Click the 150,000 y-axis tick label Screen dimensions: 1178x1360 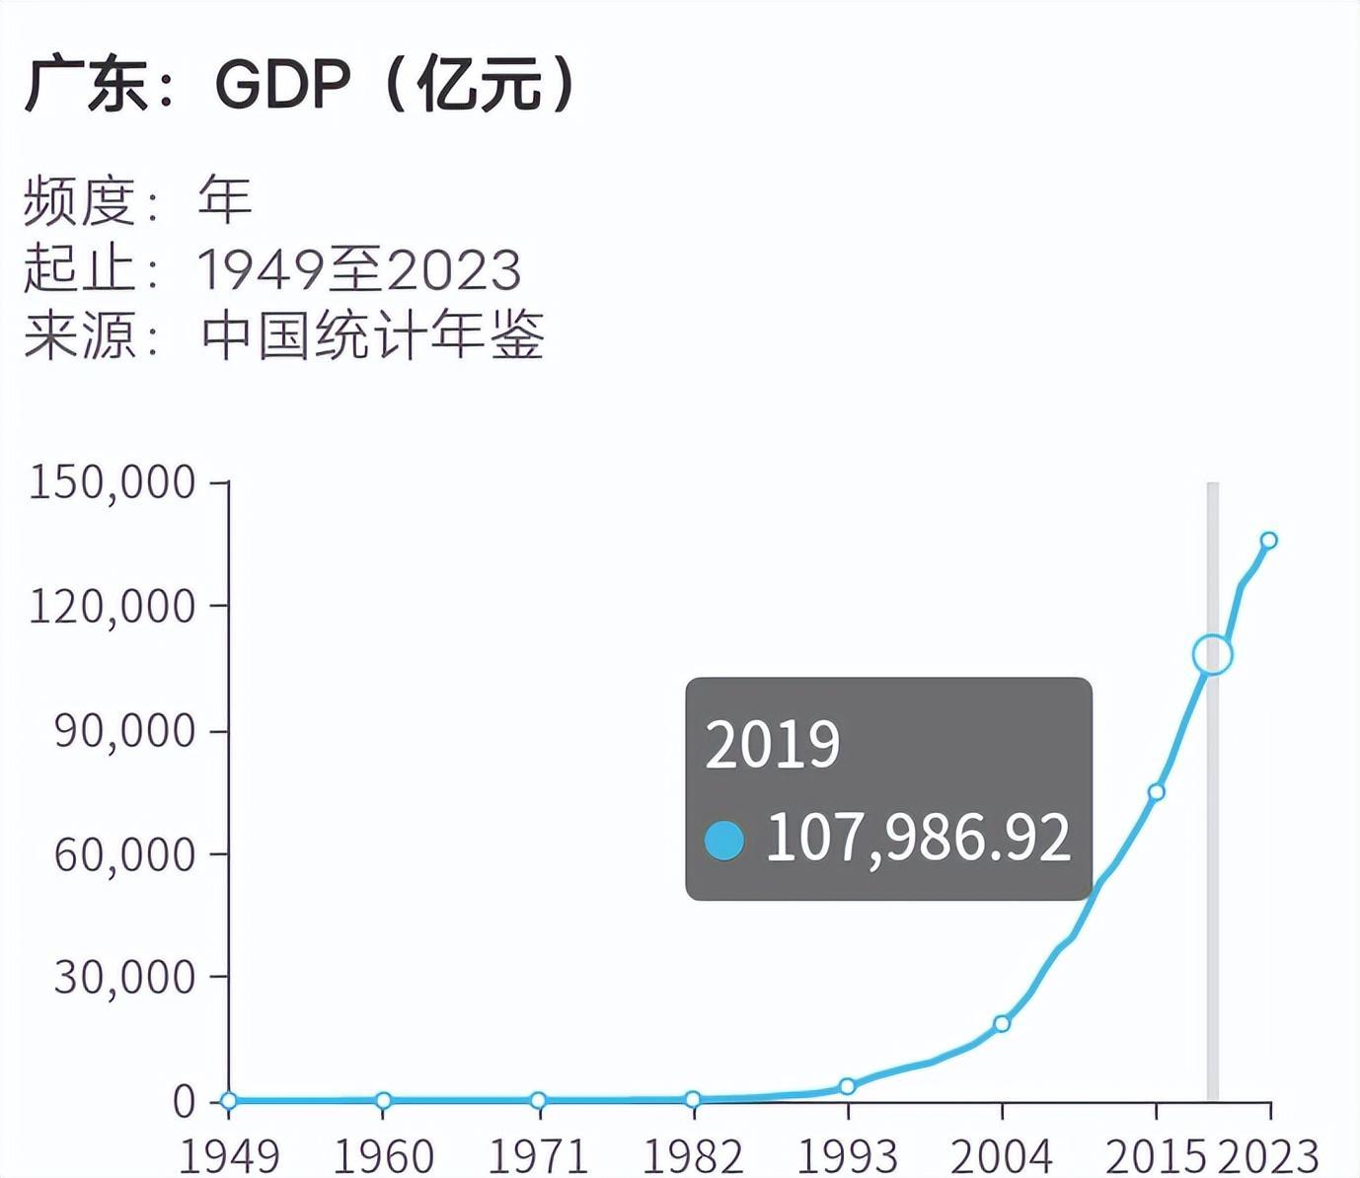click(x=112, y=482)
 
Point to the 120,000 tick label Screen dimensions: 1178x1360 click(x=112, y=606)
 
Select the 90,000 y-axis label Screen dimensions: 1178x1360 click(x=124, y=731)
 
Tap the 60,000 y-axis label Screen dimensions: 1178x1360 click(x=124, y=854)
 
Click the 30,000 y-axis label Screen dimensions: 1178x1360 click(x=124, y=977)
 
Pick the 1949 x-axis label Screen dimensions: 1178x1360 click(x=229, y=1155)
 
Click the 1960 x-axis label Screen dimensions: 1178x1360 click(x=383, y=1155)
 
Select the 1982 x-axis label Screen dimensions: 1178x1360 click(x=693, y=1155)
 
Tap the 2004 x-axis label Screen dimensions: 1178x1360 click(x=1002, y=1155)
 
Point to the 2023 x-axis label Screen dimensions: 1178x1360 click(x=1268, y=1155)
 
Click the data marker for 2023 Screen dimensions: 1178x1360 click(x=1269, y=540)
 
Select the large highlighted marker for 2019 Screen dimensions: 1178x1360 click(x=1213, y=654)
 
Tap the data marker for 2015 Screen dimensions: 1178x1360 click(x=1157, y=791)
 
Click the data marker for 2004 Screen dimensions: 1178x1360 click(x=1002, y=1023)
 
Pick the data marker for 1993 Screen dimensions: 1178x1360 click(x=847, y=1086)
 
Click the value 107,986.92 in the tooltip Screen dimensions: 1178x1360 click(x=918, y=839)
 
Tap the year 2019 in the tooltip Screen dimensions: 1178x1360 click(x=773, y=744)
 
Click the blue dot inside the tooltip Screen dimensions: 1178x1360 click(x=724, y=841)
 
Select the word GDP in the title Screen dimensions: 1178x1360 click(x=282, y=85)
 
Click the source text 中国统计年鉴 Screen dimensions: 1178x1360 click(x=372, y=335)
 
